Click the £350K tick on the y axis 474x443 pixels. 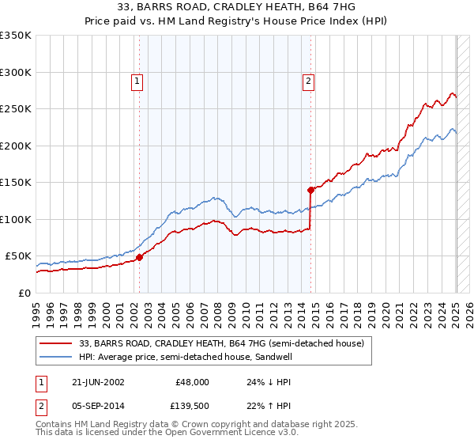[16, 36]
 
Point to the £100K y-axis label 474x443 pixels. [16, 219]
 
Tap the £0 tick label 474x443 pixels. [24, 293]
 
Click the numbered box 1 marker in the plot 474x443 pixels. [137, 80]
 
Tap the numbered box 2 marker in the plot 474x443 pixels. [307, 80]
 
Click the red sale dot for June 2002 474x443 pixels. [140, 257]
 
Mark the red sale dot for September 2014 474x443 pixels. [311, 190]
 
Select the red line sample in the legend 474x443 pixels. [55, 343]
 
